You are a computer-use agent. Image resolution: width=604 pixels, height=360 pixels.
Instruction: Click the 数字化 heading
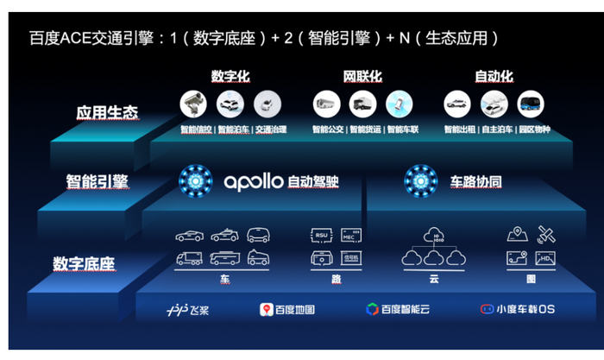pos(230,77)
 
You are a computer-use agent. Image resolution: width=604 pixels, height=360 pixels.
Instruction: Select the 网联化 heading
pos(362,77)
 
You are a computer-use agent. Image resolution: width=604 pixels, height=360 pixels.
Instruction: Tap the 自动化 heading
pos(494,77)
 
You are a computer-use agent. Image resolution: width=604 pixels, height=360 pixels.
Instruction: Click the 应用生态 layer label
pos(107,112)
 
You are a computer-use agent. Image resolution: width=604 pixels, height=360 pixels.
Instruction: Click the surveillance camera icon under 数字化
pos(194,104)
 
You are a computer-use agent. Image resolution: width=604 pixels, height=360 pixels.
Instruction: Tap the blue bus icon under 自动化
pos(530,104)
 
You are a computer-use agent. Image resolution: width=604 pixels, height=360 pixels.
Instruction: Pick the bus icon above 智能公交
pos(326,104)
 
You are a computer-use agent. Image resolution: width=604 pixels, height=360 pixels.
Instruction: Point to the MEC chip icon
pos(349,235)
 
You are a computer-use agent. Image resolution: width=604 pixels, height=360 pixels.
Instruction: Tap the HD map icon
pos(545,258)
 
